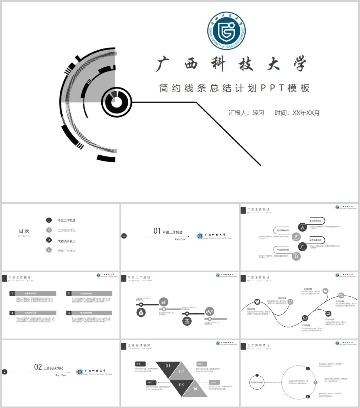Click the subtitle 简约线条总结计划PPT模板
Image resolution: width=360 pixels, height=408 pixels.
point(234,88)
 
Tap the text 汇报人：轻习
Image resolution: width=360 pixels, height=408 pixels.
point(246,113)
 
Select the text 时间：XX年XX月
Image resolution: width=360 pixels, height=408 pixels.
point(297,113)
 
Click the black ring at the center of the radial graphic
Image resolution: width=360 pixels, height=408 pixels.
point(116,102)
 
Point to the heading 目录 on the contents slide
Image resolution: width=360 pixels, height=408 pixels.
point(24,231)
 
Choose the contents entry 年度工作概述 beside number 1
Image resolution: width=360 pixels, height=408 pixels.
point(66,220)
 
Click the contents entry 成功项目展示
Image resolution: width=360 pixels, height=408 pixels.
point(66,241)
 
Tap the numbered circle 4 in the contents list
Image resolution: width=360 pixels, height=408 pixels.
point(49,250)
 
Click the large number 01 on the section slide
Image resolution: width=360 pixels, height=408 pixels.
point(157,231)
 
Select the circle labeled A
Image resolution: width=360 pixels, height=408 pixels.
point(302,227)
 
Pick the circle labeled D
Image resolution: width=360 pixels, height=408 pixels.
point(296,256)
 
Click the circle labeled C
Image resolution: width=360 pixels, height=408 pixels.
point(302,247)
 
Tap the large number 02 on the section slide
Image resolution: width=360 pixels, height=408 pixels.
point(38,367)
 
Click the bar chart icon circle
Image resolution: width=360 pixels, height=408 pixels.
point(163,302)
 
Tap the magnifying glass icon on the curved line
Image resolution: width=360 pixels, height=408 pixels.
point(341,295)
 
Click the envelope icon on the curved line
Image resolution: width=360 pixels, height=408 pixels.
point(305,318)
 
